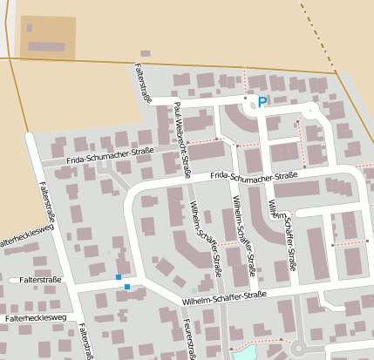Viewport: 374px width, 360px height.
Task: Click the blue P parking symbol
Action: (262, 102)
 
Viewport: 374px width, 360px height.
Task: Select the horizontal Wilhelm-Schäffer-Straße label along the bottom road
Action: (224, 299)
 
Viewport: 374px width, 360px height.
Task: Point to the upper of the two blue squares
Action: (119, 277)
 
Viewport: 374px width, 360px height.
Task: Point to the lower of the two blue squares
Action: (127, 287)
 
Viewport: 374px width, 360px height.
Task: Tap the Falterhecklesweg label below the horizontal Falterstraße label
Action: (35, 319)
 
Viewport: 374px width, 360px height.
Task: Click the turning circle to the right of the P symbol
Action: (310, 112)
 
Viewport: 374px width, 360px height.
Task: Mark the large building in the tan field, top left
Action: (42, 33)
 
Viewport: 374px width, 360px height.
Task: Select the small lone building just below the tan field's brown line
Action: (145, 53)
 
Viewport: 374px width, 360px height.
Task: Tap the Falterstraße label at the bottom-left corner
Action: (85, 342)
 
